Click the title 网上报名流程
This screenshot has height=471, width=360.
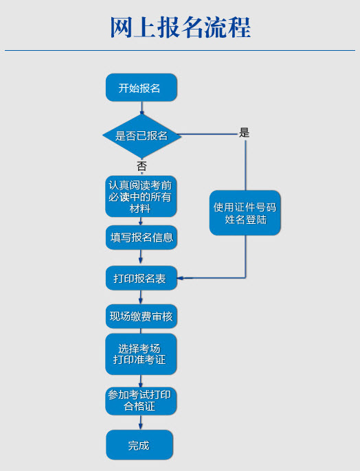(x=181, y=27)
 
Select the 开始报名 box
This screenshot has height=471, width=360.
(x=142, y=87)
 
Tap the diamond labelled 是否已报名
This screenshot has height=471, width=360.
(x=142, y=136)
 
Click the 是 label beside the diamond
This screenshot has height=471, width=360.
(x=244, y=133)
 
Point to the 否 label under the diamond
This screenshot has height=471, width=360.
(x=142, y=166)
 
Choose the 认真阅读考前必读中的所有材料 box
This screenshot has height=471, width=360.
(x=141, y=196)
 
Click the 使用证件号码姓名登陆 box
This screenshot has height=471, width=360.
(x=245, y=213)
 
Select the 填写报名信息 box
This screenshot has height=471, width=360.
(x=142, y=238)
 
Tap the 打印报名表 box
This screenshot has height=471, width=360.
(x=142, y=278)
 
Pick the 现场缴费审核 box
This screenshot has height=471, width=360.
(x=142, y=317)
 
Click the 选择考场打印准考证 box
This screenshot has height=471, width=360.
(x=141, y=354)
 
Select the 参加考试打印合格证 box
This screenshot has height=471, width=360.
(x=141, y=401)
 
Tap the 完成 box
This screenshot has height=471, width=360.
(x=139, y=445)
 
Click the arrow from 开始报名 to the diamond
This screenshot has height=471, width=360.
(x=142, y=108)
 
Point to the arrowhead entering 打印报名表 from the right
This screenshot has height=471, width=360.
(x=181, y=278)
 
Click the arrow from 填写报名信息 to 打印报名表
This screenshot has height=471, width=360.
(x=141, y=257)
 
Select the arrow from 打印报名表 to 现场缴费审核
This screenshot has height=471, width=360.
(x=141, y=297)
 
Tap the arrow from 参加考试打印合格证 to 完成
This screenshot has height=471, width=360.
(x=140, y=422)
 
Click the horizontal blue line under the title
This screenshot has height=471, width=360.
(x=180, y=51)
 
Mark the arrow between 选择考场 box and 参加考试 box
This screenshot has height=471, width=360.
(x=140, y=381)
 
